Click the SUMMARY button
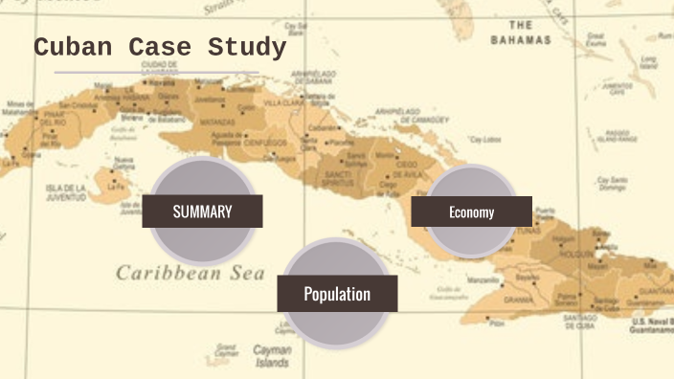pyautogui.click(x=202, y=212)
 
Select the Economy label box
pyautogui.click(x=471, y=212)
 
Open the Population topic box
pyautogui.click(x=337, y=294)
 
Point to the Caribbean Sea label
pyautogui.click(x=190, y=273)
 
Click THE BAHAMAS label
pyautogui.click(x=521, y=33)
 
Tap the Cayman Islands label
pyautogui.click(x=272, y=356)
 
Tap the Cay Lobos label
pyautogui.click(x=485, y=139)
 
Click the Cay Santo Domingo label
pyautogui.click(x=611, y=182)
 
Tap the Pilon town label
pyautogui.click(x=496, y=323)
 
